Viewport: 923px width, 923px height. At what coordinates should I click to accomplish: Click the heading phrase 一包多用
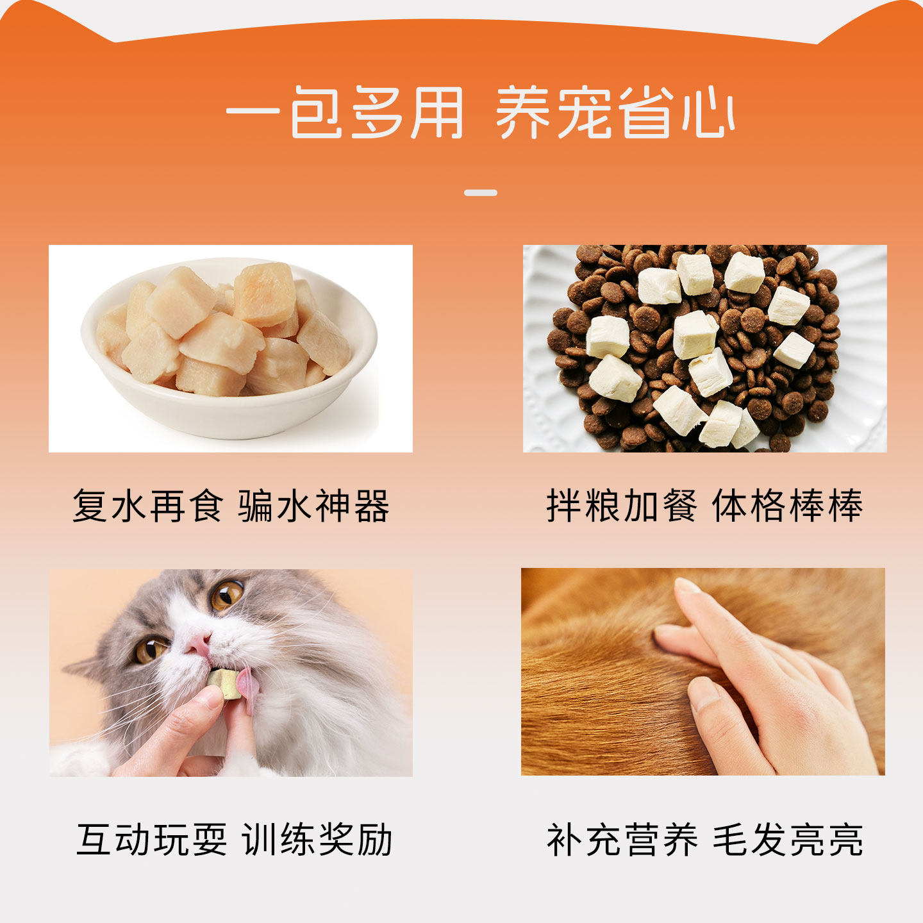point(344,113)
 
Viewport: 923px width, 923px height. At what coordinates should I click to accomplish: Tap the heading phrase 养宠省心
point(615,113)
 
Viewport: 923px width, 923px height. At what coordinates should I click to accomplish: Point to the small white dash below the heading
point(481,192)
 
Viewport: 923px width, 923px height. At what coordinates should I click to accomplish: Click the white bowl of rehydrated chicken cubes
point(229,349)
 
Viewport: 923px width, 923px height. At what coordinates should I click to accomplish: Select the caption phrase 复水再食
point(148,506)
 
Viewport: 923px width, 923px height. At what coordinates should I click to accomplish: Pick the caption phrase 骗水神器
point(313,506)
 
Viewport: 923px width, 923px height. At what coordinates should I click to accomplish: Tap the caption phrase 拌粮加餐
point(622,506)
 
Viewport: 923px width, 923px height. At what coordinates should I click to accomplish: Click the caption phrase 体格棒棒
point(788,506)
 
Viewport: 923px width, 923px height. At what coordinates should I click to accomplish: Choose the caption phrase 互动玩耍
point(152,840)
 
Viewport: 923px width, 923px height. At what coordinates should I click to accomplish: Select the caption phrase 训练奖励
point(317,840)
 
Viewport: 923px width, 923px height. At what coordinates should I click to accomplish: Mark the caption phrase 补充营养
point(622,840)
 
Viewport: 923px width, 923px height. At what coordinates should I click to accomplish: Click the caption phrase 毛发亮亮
point(788,840)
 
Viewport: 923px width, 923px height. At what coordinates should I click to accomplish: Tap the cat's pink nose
point(198,643)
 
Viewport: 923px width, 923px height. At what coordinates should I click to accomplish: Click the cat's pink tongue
point(248,685)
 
